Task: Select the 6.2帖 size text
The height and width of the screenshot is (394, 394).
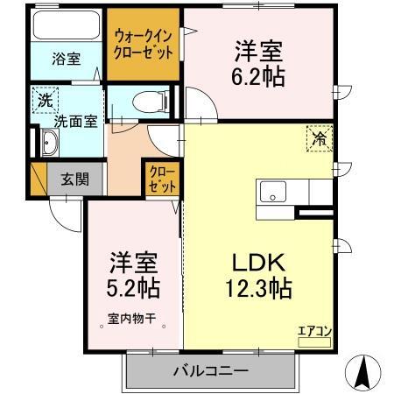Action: pos(257,77)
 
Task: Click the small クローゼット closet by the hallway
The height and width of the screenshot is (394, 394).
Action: pos(161,179)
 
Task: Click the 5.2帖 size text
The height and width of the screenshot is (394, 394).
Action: pos(134,286)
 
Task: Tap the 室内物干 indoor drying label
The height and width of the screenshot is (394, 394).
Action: pos(131,320)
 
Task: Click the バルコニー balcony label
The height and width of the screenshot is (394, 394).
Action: pos(208,371)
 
